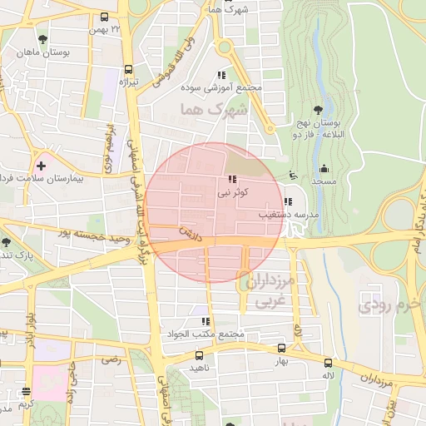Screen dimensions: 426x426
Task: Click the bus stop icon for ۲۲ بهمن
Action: click(x=104, y=17)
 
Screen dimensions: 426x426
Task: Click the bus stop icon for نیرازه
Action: click(x=128, y=70)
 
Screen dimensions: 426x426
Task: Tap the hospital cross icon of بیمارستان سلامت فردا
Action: click(x=40, y=166)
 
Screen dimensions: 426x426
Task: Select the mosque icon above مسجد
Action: click(x=324, y=169)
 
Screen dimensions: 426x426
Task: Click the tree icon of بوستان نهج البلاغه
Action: click(x=318, y=109)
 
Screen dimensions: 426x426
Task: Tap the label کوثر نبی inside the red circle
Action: click(x=233, y=192)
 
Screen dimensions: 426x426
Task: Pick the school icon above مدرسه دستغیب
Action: click(x=288, y=201)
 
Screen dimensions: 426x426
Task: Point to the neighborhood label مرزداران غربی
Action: click(x=268, y=289)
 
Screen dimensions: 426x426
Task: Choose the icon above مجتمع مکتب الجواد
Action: click(x=205, y=321)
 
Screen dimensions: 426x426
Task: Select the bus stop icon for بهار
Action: click(x=281, y=349)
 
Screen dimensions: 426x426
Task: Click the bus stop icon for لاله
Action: click(x=328, y=363)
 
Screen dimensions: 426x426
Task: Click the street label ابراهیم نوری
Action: click(x=108, y=150)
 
